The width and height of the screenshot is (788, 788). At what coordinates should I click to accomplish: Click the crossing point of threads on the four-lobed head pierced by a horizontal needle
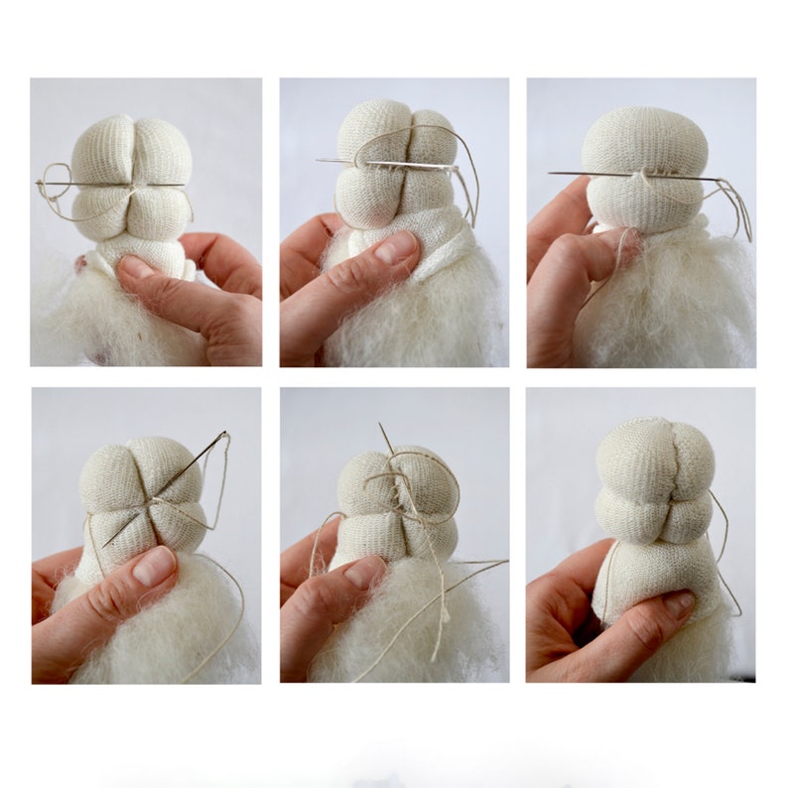pyautogui.click(x=132, y=186)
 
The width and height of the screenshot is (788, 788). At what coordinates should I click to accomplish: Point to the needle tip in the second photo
pyautogui.click(x=321, y=160)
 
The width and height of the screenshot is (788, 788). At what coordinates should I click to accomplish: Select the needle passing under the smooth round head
pyautogui.click(x=635, y=176)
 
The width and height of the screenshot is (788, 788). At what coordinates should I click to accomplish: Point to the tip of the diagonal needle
pyautogui.click(x=104, y=545)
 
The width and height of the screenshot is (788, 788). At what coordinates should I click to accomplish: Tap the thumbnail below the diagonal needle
pyautogui.click(x=153, y=566)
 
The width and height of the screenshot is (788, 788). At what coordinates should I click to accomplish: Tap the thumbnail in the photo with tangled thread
pyautogui.click(x=361, y=573)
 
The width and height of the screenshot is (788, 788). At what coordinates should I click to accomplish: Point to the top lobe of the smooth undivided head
pyautogui.click(x=644, y=139)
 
